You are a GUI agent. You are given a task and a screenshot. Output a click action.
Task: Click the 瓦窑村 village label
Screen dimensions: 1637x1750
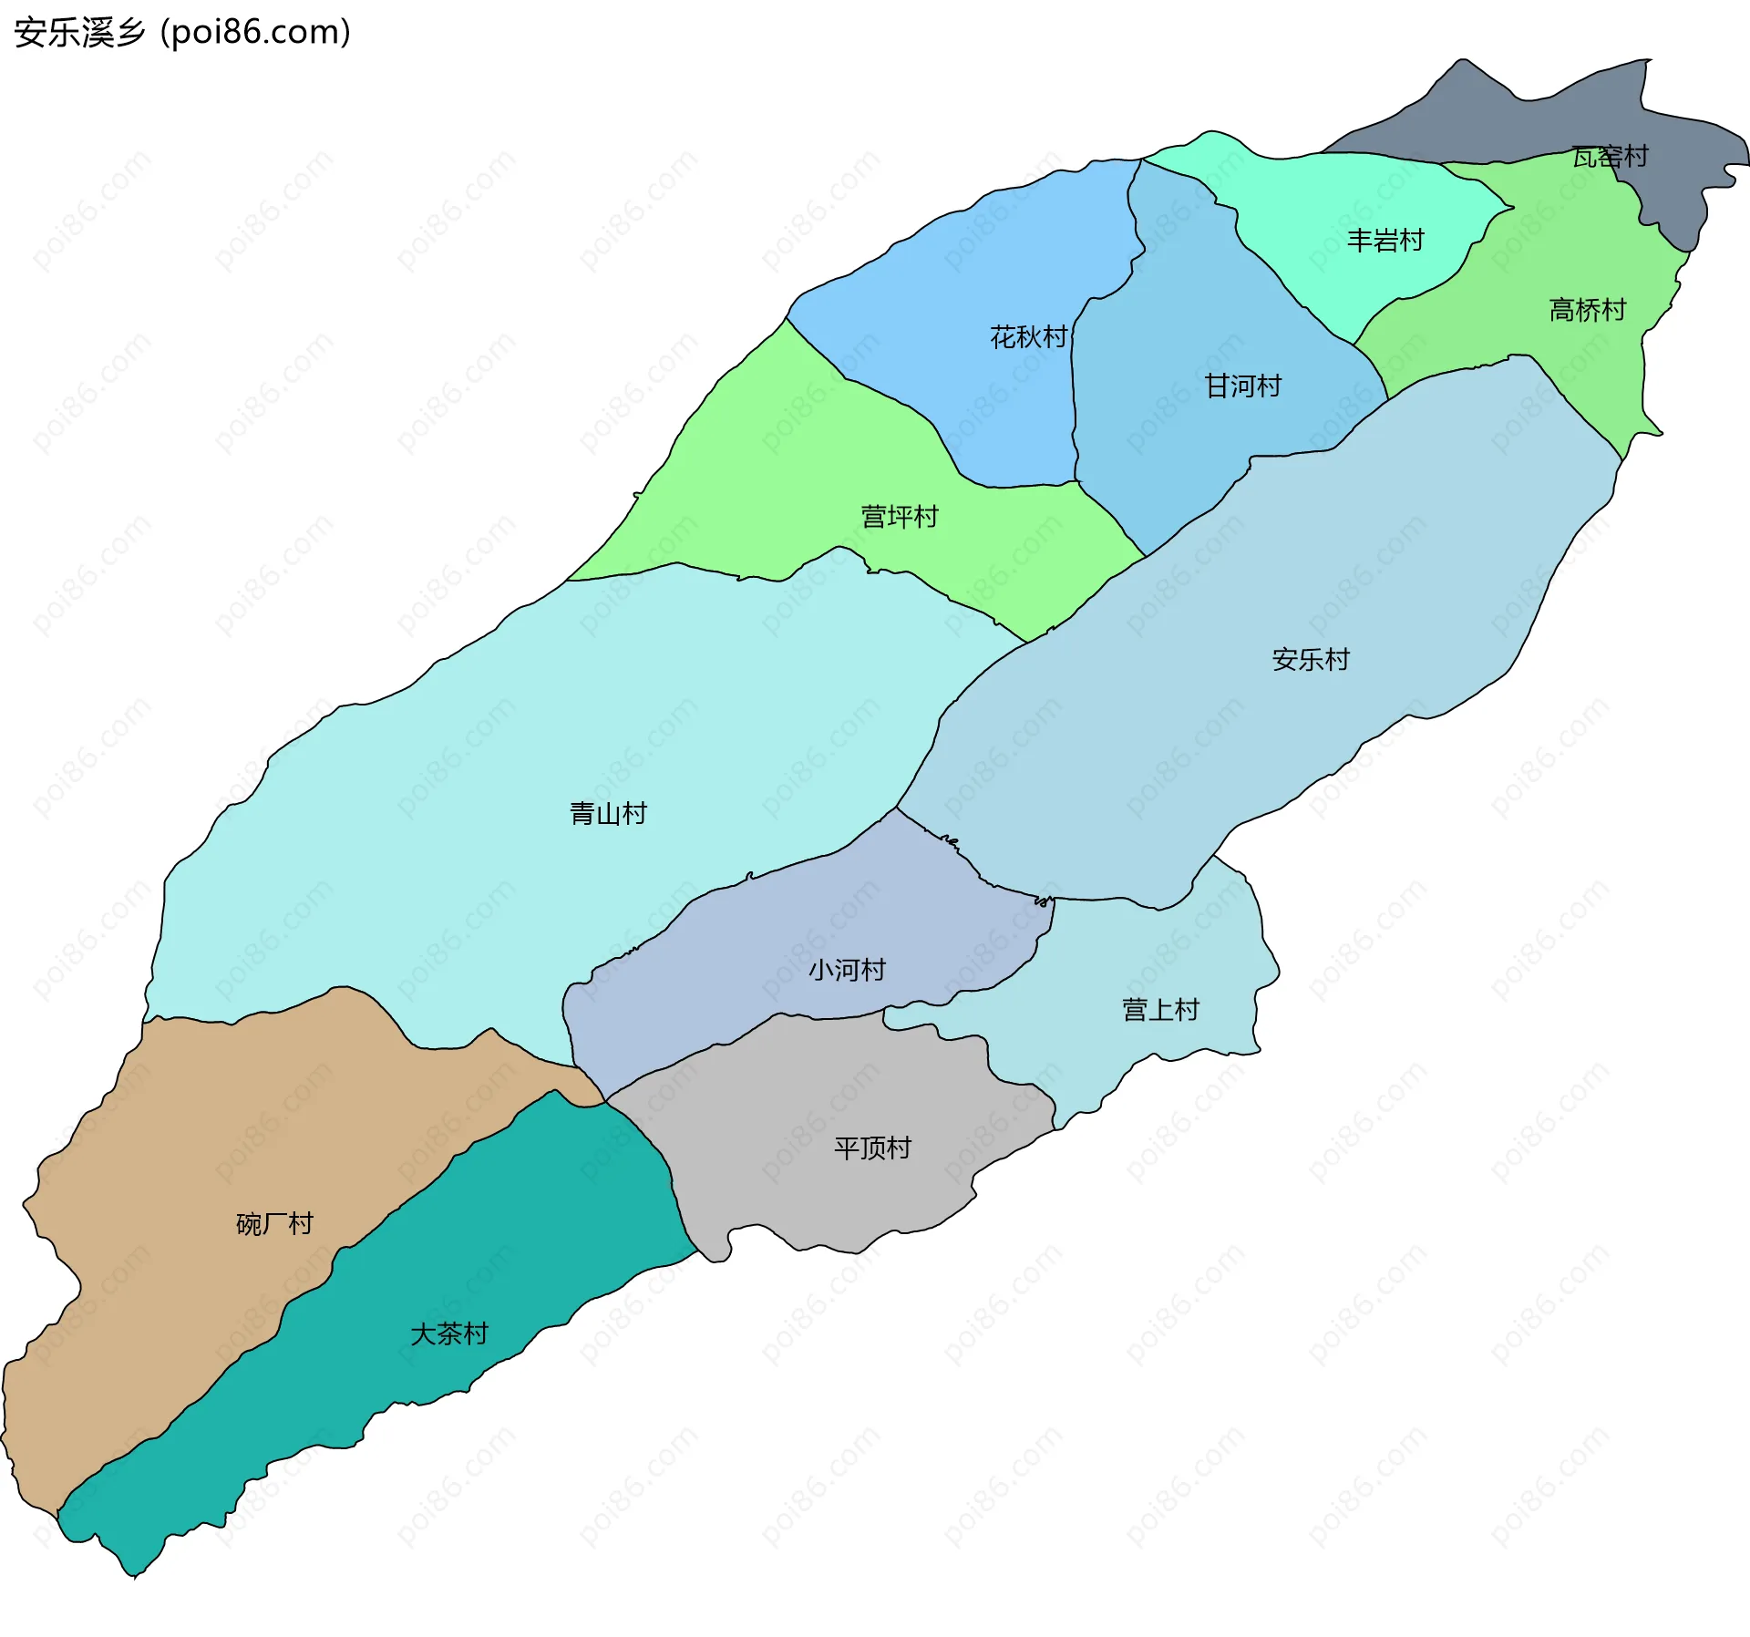(x=1610, y=157)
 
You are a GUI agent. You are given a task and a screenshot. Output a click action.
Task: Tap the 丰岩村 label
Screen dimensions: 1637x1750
(x=1385, y=241)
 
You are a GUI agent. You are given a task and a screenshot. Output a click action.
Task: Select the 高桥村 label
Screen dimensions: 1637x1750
(x=1588, y=311)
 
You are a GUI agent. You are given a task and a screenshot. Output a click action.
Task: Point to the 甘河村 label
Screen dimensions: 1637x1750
(x=1243, y=386)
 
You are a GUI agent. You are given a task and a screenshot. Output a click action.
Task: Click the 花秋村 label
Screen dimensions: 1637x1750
(x=1028, y=337)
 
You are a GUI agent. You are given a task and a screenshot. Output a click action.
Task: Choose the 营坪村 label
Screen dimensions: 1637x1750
(x=900, y=517)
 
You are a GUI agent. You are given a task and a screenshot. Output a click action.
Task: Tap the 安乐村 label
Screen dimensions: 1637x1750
(x=1311, y=660)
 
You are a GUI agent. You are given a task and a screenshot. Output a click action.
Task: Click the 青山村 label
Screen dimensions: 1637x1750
(x=608, y=814)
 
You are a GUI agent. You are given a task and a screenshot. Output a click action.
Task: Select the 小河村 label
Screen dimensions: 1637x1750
(x=847, y=970)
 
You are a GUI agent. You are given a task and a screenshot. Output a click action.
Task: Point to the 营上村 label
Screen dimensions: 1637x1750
(x=1160, y=1010)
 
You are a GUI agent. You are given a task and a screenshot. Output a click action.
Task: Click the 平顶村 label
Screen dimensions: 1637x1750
(x=872, y=1148)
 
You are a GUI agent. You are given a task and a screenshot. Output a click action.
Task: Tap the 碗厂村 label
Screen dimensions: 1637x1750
(x=274, y=1224)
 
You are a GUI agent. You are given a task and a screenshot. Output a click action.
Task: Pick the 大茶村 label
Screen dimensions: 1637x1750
(x=449, y=1334)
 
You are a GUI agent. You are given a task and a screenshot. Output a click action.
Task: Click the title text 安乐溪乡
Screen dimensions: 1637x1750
(x=80, y=33)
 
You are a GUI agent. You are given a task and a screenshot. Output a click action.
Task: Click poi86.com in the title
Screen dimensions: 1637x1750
(x=255, y=33)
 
